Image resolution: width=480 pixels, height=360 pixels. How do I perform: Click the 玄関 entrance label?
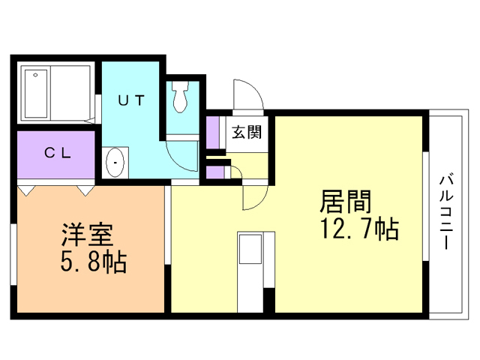pos(246,133)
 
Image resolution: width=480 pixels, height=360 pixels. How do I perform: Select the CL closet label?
pos(57,153)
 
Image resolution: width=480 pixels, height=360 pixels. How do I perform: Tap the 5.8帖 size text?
pos(93,262)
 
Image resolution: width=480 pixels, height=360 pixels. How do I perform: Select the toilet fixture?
pos(181,97)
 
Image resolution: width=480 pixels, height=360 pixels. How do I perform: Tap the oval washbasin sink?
pos(115,162)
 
